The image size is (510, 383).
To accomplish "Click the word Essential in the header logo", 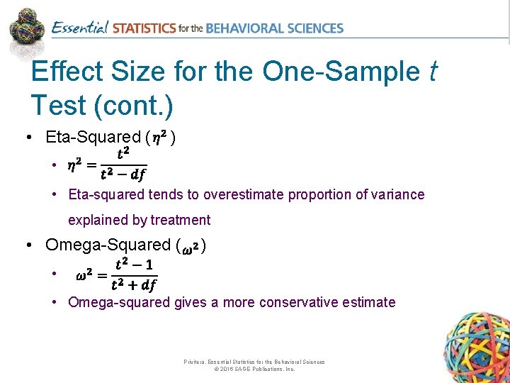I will coord(80,28).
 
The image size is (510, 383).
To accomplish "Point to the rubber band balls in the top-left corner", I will coord(27,26).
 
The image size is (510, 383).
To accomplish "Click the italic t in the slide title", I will coord(432,72).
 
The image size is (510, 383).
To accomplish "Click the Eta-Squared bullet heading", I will coord(93,137).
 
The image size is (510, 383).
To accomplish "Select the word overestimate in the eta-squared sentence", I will coord(250,194).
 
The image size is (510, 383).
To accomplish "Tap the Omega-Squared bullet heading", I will coord(108,245).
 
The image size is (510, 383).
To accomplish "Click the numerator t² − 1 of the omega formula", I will coord(134,264).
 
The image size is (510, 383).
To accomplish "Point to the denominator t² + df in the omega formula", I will coord(134,285).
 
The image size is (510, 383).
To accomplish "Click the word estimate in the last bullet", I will coord(370,302).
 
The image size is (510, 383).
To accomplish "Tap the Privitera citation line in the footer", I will coord(254,362).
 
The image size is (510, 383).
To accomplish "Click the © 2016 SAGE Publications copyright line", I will coord(254,370).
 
